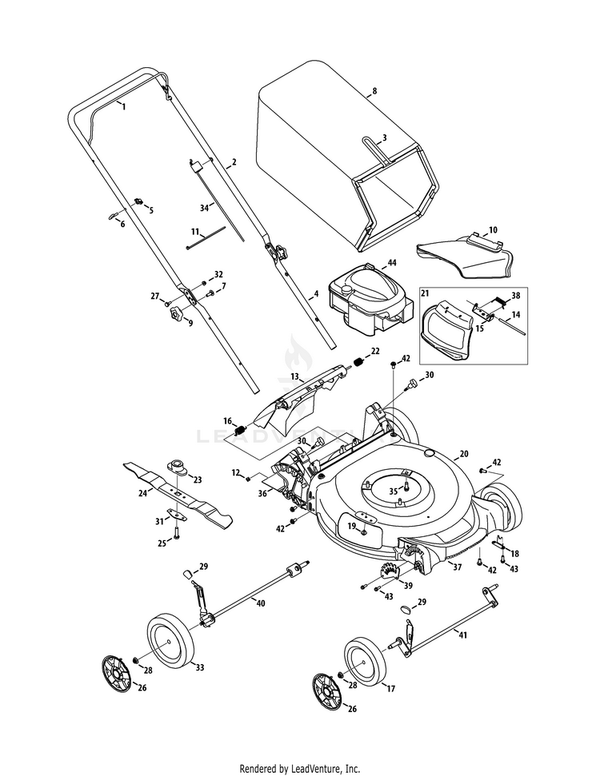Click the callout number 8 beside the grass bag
coord(374,91)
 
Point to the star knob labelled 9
coord(176,313)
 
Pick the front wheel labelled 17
coord(364,662)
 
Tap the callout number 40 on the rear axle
coord(261,603)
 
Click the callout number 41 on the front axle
coord(462,635)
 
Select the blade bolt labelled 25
coord(177,533)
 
